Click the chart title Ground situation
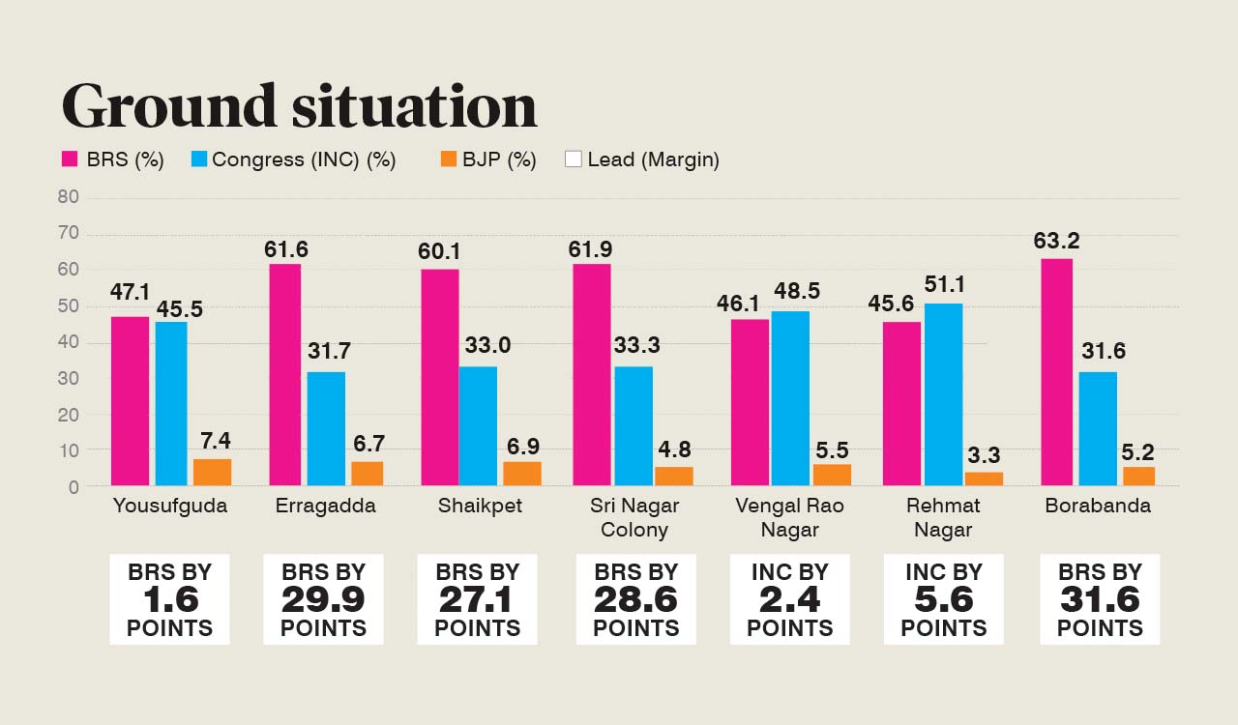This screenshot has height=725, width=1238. point(299,105)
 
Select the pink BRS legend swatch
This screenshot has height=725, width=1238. point(70,159)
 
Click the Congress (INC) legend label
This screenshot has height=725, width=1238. point(304,159)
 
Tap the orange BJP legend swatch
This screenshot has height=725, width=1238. point(448,159)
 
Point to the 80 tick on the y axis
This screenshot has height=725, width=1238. point(68,197)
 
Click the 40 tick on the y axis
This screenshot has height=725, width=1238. point(68,342)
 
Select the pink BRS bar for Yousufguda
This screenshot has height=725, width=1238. point(130,400)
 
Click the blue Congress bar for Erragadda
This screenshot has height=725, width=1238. point(326,428)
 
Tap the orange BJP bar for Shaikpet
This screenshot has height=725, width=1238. point(521,473)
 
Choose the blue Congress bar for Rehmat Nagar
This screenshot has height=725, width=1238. point(943,393)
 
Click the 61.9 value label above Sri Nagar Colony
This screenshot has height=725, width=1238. point(592,249)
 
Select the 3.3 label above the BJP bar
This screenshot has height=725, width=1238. point(984,455)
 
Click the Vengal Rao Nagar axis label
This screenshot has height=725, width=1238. point(789,517)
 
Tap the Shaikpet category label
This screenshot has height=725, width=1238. point(480,506)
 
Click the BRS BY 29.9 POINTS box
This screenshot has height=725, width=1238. point(323,599)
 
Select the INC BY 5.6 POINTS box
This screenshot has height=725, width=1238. point(943,599)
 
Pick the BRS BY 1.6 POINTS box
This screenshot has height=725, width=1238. point(169,599)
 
